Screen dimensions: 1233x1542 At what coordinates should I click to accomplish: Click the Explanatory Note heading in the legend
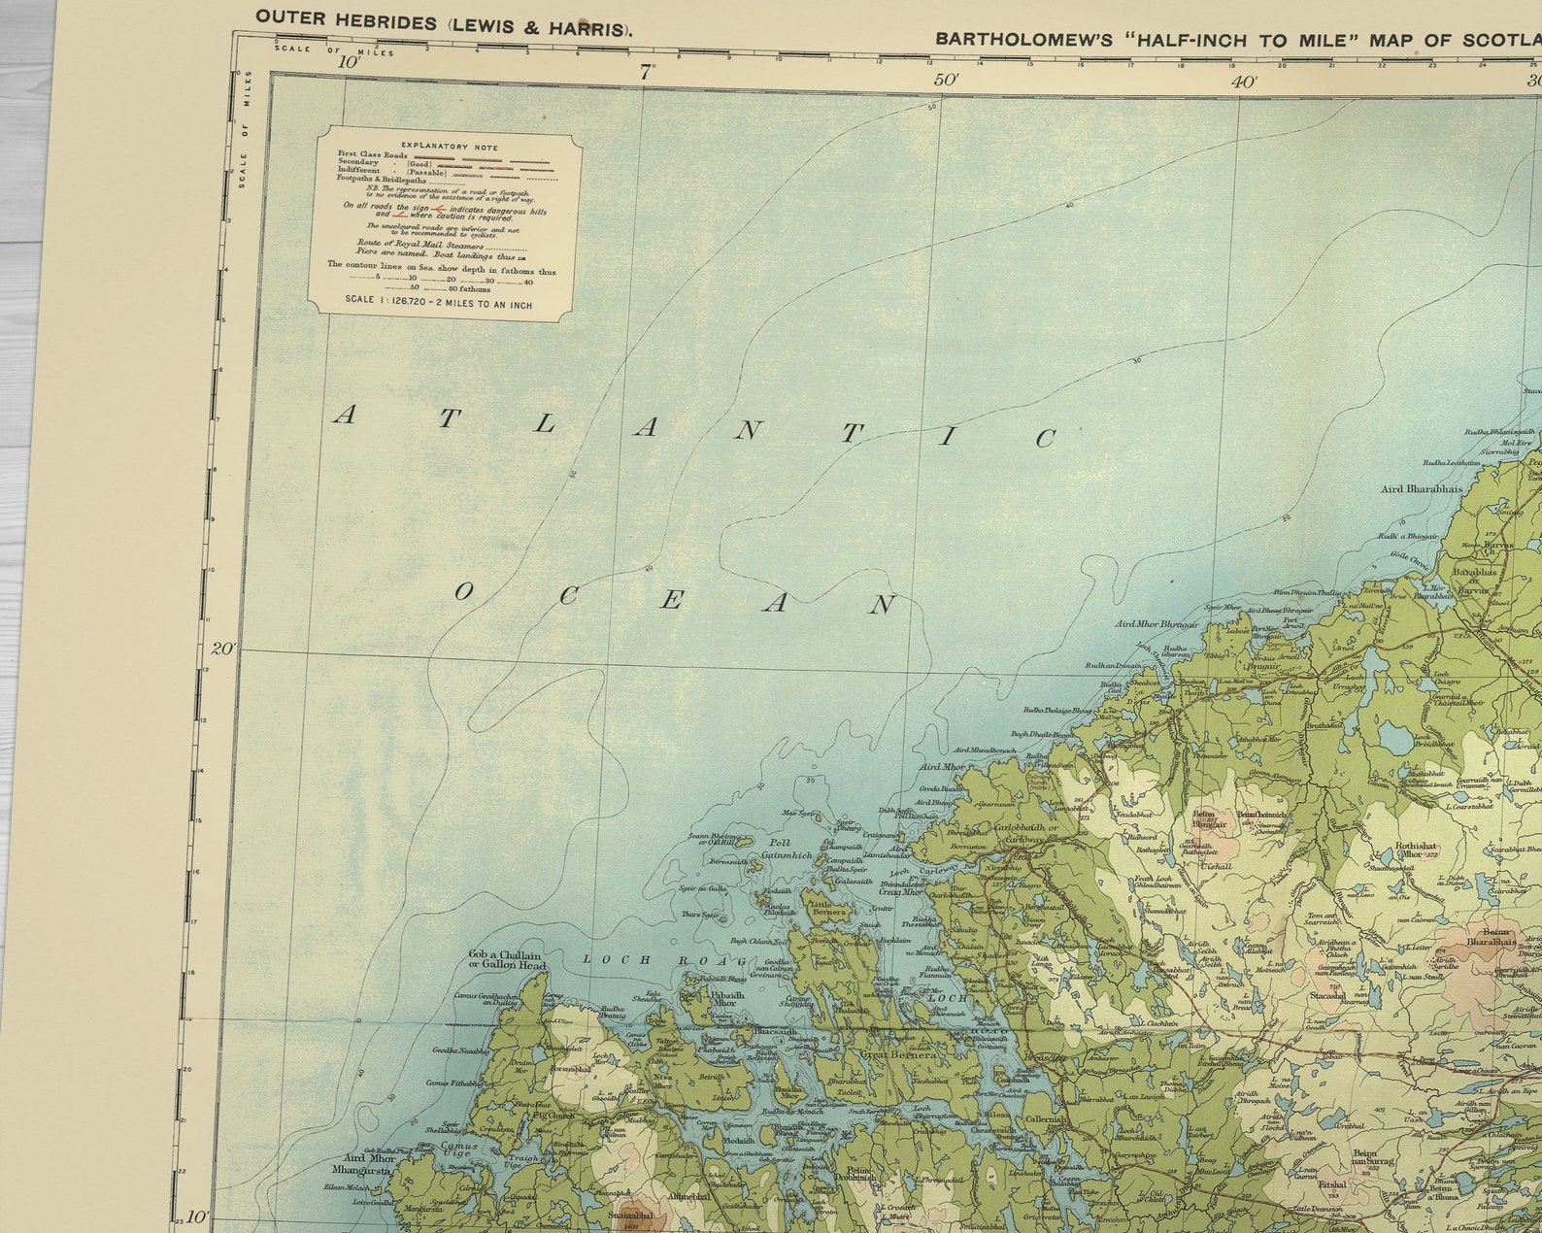(449, 148)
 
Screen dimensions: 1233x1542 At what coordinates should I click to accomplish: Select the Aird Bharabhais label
(1422, 489)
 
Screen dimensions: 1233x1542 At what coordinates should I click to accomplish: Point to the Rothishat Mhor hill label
(1415, 850)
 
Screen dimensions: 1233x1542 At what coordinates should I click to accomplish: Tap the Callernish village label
(1045, 1119)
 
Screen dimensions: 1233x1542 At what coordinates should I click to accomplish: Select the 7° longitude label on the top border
(647, 69)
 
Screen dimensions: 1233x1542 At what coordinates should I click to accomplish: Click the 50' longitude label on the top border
(944, 79)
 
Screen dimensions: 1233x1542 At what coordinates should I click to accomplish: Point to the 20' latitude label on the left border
(223, 648)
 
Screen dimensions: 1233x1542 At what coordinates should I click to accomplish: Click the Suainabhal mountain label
(633, 1215)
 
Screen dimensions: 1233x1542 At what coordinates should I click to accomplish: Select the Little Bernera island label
(828, 908)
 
